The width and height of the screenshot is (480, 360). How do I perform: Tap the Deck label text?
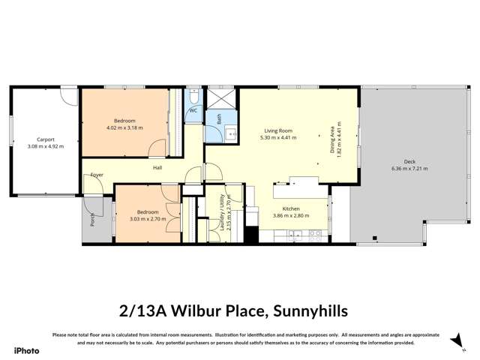point(409,161)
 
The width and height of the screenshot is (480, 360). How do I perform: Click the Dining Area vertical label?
point(333,139)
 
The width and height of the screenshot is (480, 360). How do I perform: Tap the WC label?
point(193,110)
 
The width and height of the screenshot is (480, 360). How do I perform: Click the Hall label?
point(157,167)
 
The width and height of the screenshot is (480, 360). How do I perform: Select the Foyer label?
point(97,175)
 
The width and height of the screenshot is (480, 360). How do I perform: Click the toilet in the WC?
point(193,97)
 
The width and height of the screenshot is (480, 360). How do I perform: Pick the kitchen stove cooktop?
point(316,233)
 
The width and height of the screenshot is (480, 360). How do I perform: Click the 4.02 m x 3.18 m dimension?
point(124,127)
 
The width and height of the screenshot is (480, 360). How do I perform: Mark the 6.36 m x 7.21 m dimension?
point(409,169)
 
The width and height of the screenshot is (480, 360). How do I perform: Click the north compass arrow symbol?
point(454,341)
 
